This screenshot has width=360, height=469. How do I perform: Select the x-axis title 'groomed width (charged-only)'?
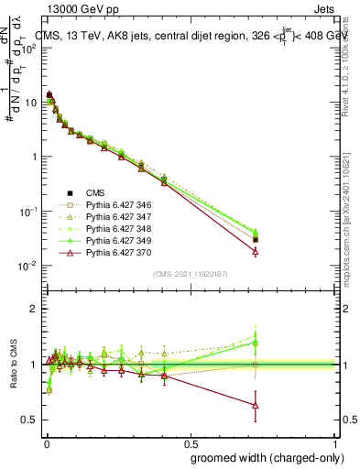(262, 457)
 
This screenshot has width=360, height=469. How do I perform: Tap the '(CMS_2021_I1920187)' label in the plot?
(190, 274)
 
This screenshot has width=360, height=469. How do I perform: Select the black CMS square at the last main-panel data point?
(256, 239)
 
